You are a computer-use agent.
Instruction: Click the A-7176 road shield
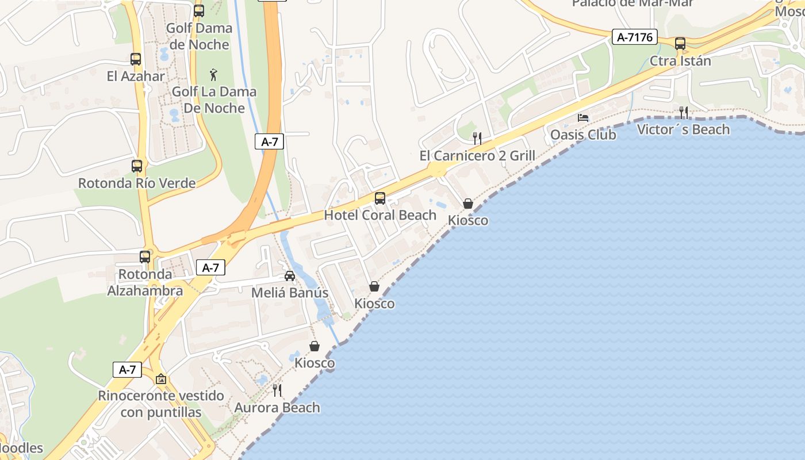[x=634, y=37]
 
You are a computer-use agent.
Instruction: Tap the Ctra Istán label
[x=680, y=60]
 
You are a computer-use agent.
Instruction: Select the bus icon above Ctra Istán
[x=680, y=43]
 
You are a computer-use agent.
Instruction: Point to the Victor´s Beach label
[x=683, y=129]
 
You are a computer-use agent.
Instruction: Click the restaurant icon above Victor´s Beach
[x=683, y=112]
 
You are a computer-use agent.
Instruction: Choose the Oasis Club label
[x=583, y=135]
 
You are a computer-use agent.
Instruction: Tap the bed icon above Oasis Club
[x=583, y=118]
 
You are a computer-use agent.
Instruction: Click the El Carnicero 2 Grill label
[x=477, y=155]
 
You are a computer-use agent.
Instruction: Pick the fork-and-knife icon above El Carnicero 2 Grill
[x=477, y=138]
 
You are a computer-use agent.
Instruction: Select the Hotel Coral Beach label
[x=380, y=215]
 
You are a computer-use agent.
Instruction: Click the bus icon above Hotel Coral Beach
[x=380, y=198]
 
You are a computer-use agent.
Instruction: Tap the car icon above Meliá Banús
[x=290, y=276]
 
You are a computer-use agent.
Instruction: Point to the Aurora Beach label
[x=277, y=408]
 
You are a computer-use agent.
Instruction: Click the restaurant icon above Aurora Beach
[x=277, y=390]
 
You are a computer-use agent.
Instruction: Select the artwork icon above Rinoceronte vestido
[x=161, y=379]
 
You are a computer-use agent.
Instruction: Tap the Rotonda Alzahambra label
[x=145, y=282]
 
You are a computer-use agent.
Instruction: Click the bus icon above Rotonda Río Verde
[x=137, y=166]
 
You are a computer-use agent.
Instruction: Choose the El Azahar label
[x=136, y=76]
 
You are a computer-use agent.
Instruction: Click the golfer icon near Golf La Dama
[x=214, y=74]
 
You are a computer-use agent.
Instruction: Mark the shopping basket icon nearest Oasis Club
[x=468, y=204]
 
